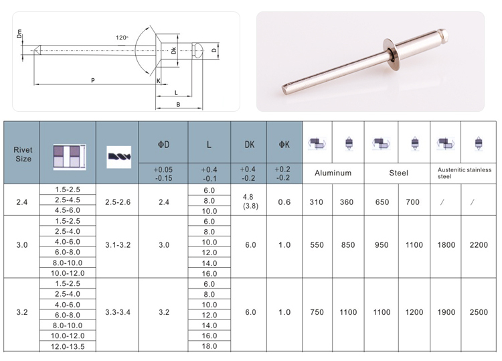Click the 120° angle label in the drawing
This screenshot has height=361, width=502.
[122, 38]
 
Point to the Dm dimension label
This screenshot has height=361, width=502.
[19, 33]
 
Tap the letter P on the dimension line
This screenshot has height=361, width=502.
[93, 80]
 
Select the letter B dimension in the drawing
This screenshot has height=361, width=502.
[178, 104]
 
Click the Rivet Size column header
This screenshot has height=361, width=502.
[23, 154]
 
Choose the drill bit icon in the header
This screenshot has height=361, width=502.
[118, 157]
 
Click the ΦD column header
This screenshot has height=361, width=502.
[163, 145]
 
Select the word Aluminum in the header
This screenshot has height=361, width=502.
[333, 173]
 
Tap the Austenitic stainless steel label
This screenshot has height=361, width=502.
[465, 173]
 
